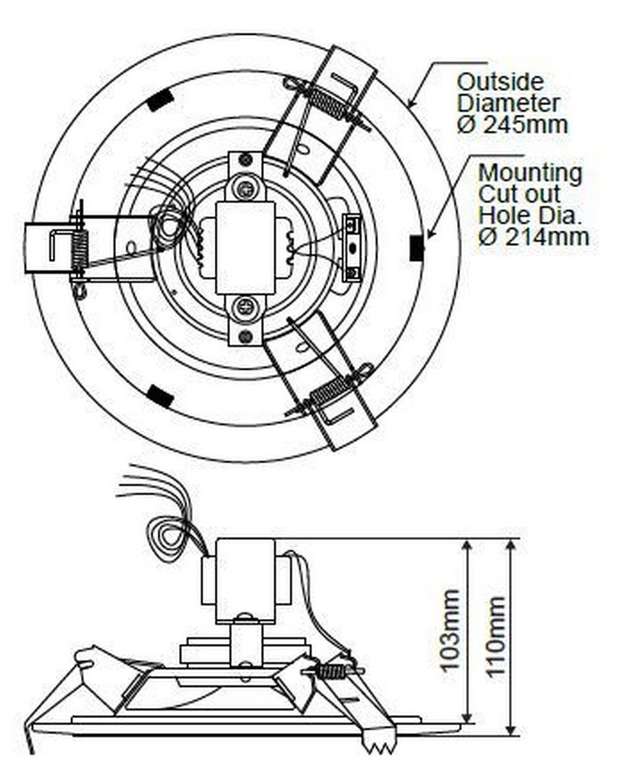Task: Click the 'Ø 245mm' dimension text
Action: tap(513, 125)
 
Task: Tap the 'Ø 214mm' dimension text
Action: tap(534, 237)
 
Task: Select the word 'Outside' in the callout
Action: tap(500, 82)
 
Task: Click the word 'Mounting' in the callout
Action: tap(530, 173)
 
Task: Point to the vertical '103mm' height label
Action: tap(450, 630)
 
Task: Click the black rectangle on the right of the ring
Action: tap(417, 248)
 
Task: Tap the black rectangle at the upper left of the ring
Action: tap(159, 101)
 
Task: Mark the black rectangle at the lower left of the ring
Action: tap(160, 396)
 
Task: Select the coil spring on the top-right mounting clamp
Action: tap(327, 102)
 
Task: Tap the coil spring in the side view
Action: tap(333, 671)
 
